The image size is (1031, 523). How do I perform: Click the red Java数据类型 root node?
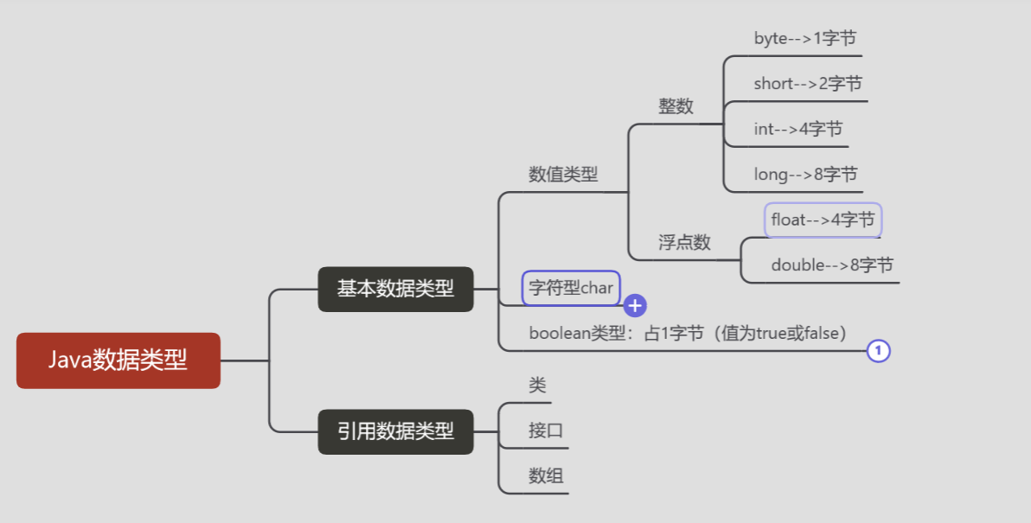tap(118, 360)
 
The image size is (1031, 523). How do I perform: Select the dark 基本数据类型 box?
tap(395, 289)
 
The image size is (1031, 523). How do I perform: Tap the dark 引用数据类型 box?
tap(395, 431)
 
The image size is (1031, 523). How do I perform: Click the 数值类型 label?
tap(563, 174)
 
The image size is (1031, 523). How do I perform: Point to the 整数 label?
tap(676, 106)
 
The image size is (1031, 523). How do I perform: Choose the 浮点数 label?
tap(684, 242)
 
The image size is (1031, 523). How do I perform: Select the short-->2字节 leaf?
tap(807, 84)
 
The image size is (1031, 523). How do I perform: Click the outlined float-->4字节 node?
tap(823, 220)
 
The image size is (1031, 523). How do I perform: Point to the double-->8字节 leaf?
tap(832, 265)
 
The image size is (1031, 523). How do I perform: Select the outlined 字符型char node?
tap(571, 288)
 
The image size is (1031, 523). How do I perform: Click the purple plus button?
tap(635, 305)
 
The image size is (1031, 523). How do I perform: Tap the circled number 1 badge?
tap(878, 351)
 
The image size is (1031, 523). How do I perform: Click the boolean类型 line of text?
tap(687, 334)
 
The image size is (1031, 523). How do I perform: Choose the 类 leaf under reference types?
tap(537, 386)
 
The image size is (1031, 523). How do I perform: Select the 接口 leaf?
tap(546, 431)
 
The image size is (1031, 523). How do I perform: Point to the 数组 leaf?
tap(546, 475)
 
